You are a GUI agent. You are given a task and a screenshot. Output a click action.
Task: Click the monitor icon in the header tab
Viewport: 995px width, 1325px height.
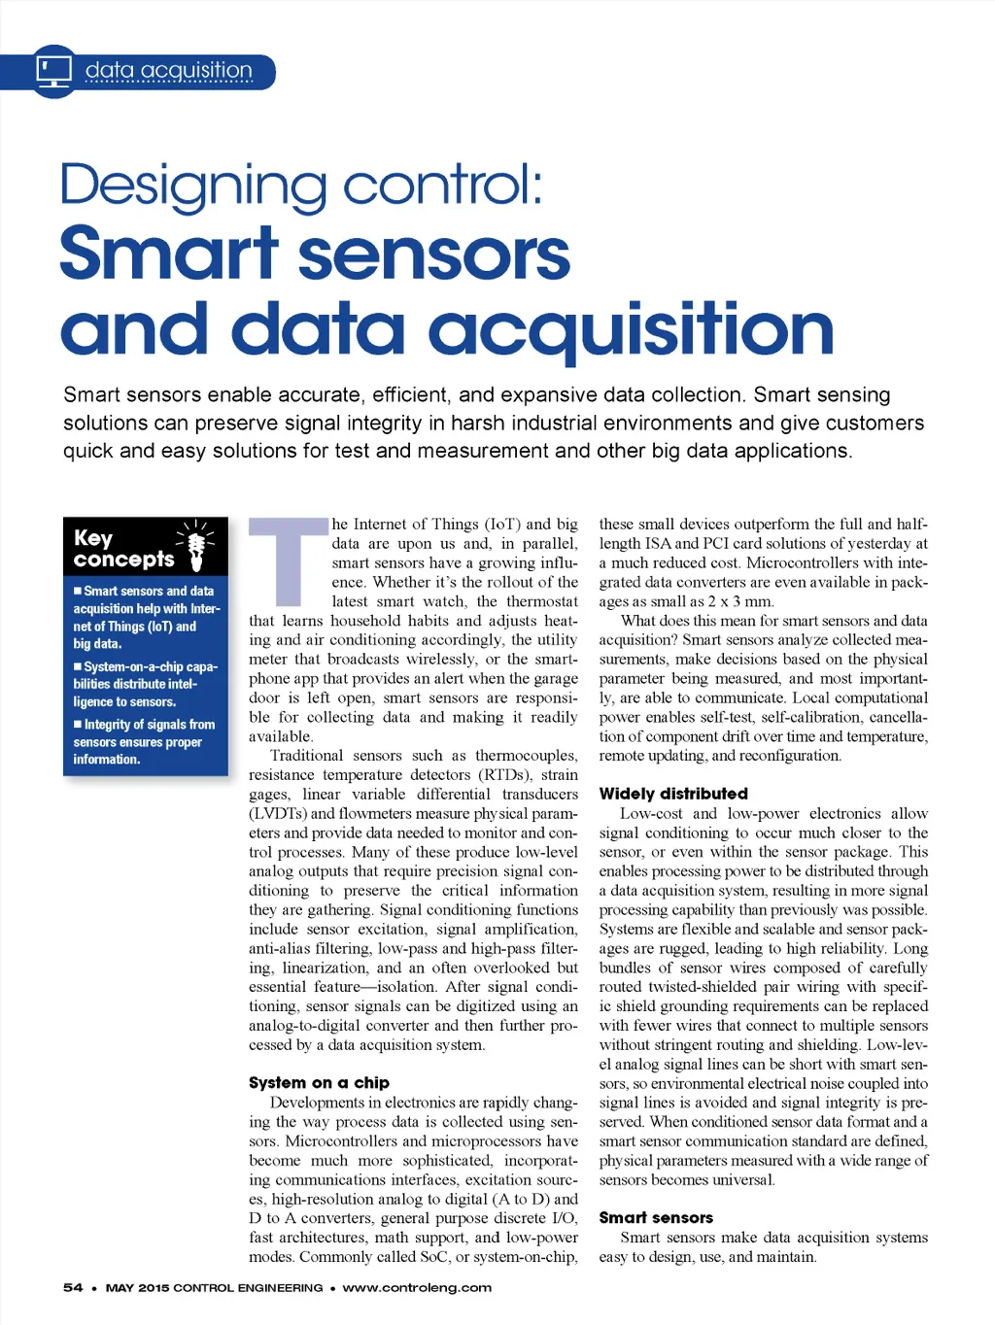click(x=54, y=71)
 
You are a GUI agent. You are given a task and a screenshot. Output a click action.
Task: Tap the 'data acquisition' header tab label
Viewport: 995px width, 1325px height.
click(x=169, y=71)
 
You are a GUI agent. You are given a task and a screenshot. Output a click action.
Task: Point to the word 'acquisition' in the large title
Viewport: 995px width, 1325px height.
click(x=631, y=330)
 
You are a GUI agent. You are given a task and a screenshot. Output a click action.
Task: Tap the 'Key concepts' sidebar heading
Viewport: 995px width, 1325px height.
click(x=123, y=549)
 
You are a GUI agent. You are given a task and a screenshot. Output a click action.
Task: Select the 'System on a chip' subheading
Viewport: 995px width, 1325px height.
click(x=319, y=1082)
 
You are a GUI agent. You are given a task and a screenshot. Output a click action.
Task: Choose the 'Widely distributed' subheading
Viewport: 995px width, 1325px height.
click(x=673, y=794)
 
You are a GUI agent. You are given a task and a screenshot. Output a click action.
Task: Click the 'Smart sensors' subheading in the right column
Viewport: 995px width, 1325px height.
click(x=656, y=1217)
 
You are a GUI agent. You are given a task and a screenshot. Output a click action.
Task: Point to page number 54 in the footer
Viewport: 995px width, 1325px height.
click(x=73, y=1288)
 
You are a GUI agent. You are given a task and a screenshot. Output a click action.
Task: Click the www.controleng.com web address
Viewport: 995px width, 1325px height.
click(x=417, y=1288)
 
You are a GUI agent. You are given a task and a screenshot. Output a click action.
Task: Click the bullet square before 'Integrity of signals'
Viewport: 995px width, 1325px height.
click(x=78, y=725)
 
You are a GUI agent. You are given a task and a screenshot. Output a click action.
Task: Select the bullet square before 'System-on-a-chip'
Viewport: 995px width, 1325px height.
click(x=78, y=666)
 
